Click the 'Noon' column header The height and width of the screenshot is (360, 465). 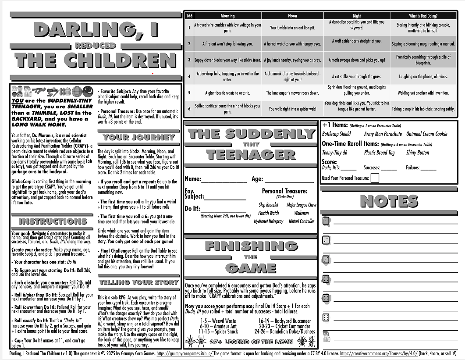click(292, 16)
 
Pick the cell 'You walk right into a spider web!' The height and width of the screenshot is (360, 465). click(292, 109)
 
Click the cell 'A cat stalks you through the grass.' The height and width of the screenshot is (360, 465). click(357, 76)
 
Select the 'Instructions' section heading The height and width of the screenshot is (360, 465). click(53, 221)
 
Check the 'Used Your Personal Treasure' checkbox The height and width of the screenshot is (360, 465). click(375, 178)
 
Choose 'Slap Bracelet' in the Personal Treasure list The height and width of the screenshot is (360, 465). click(268, 205)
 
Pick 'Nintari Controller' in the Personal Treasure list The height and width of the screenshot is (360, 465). click(301, 221)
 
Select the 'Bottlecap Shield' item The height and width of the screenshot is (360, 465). click(336, 134)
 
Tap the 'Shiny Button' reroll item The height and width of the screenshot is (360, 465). click(417, 153)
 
